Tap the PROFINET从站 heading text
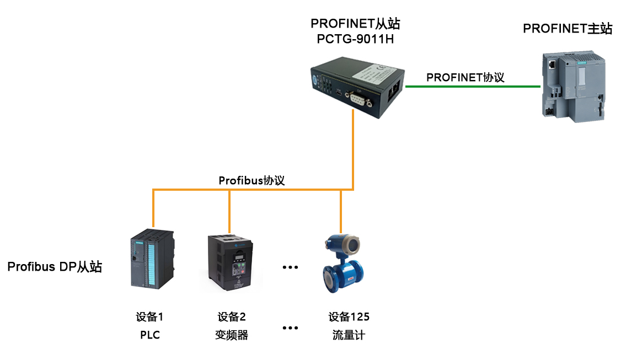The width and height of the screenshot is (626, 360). click(x=355, y=24)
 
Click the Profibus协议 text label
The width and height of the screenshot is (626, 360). click(x=252, y=180)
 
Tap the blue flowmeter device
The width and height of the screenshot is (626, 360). click(x=344, y=264)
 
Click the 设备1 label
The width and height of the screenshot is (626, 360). click(x=150, y=317)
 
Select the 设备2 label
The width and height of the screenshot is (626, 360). click(x=232, y=317)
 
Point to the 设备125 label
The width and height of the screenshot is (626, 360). click(x=349, y=317)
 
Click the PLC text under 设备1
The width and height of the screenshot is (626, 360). click(x=150, y=335)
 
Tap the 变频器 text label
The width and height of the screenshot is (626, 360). click(x=232, y=335)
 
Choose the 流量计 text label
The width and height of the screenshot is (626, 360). click(x=349, y=335)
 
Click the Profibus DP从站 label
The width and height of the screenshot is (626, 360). click(x=55, y=267)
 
